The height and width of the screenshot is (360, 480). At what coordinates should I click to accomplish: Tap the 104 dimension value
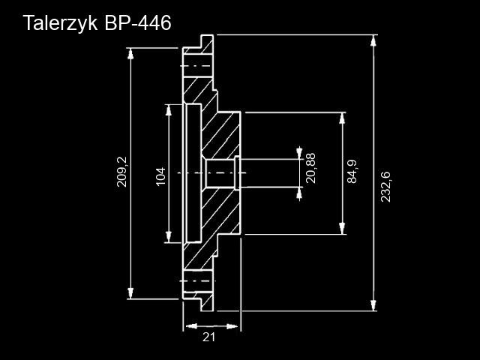(x=160, y=176)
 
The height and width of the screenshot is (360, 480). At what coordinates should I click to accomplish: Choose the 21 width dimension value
(x=209, y=337)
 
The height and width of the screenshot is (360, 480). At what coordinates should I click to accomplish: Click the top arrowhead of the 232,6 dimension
(x=373, y=40)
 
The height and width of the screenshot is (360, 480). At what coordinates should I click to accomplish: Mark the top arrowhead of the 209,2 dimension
(x=132, y=54)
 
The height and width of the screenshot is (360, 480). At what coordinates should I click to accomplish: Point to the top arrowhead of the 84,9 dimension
(x=343, y=118)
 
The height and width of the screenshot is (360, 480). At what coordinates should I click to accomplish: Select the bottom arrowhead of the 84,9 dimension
(x=343, y=229)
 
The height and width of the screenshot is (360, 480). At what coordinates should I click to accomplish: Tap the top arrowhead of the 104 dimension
(x=167, y=111)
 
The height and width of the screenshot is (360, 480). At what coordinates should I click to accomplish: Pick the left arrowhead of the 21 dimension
(x=189, y=326)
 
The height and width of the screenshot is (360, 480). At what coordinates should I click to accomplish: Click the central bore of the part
(x=219, y=173)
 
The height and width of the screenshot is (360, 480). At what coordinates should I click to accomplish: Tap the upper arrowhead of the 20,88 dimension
(x=300, y=153)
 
